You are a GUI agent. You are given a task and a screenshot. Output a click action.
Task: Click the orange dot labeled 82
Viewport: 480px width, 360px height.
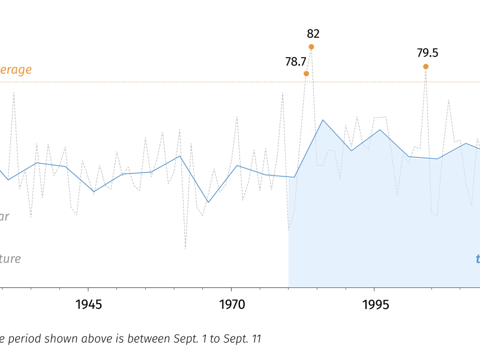pos(311,47)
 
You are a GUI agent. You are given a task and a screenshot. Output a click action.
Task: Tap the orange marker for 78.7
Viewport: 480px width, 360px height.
pos(306,74)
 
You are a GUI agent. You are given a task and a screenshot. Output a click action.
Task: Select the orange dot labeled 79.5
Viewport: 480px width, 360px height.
pos(425,67)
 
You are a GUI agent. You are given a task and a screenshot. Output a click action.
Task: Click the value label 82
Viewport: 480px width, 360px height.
pos(313,34)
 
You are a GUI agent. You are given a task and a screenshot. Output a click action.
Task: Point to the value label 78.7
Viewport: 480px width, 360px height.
pos(296,61)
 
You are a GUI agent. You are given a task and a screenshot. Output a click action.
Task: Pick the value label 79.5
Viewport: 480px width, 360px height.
pos(427,53)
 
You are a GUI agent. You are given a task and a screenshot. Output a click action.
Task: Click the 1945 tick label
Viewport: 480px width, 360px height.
pos(89,305)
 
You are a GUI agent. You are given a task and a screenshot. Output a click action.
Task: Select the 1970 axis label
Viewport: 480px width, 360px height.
pos(232,305)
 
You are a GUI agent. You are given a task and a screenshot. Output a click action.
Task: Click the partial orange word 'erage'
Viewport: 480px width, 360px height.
pos(16,70)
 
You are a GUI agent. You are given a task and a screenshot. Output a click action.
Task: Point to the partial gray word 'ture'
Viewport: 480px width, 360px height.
pos(10,259)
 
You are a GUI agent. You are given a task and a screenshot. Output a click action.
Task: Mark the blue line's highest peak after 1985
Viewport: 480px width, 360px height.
pos(323,120)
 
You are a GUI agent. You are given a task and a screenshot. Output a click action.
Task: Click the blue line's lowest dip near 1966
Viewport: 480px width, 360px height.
pos(208,202)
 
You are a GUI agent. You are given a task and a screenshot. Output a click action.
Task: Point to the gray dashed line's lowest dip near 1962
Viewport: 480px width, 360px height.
pos(185,248)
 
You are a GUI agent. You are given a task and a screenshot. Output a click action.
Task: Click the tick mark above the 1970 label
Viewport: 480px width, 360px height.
pos(232,290)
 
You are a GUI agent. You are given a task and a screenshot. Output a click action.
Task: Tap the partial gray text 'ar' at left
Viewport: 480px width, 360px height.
pos(4,217)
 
